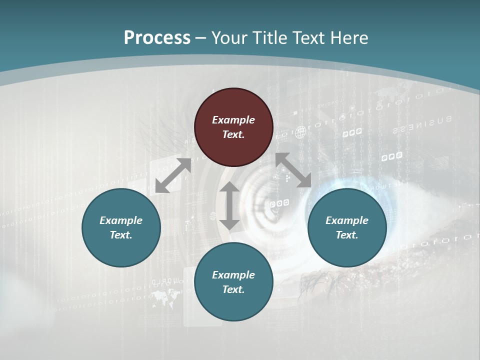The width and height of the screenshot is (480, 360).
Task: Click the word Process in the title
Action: click(157, 38)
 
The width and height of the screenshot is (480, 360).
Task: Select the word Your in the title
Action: click(228, 38)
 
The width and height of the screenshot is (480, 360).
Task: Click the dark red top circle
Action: click(233, 127)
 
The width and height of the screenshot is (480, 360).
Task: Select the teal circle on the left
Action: click(121, 227)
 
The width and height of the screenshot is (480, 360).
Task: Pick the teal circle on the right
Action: click(347, 227)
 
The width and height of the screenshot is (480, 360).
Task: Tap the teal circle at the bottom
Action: click(233, 282)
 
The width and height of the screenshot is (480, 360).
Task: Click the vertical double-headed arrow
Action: click(229, 205)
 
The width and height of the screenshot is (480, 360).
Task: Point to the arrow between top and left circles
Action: click(173, 175)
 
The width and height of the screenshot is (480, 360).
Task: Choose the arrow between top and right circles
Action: click(293, 170)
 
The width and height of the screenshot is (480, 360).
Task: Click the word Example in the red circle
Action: click(233, 120)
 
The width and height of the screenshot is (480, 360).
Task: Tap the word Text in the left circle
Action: click(121, 235)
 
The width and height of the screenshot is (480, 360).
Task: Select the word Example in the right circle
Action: click(347, 220)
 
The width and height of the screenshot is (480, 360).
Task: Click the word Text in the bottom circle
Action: click(233, 289)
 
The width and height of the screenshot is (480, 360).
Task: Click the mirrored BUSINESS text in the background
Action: click(422, 125)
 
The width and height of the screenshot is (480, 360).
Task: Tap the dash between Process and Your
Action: click(201, 38)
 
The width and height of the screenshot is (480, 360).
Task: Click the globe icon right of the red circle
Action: click(300, 132)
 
